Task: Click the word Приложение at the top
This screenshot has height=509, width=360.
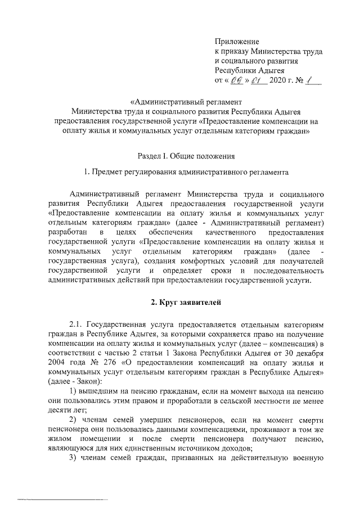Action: (x=237, y=42)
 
